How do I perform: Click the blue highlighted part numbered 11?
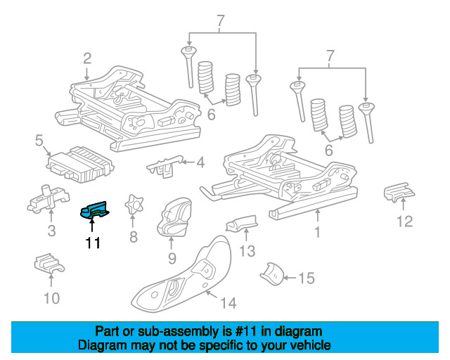(x=94, y=210)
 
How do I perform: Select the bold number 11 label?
(x=93, y=243)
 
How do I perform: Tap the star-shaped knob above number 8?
(x=134, y=205)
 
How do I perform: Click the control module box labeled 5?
(x=80, y=165)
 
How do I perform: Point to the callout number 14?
(x=228, y=303)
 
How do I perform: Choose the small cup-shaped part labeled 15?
(x=272, y=274)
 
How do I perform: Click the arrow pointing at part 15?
(x=290, y=278)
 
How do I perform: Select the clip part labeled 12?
(x=399, y=192)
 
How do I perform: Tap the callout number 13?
(x=247, y=251)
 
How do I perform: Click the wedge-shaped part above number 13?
(x=242, y=223)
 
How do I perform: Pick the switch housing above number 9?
(x=174, y=217)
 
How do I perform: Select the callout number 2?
(x=87, y=58)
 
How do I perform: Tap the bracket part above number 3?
(x=49, y=199)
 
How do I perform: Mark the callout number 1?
(x=317, y=232)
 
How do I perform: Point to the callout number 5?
(x=39, y=141)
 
